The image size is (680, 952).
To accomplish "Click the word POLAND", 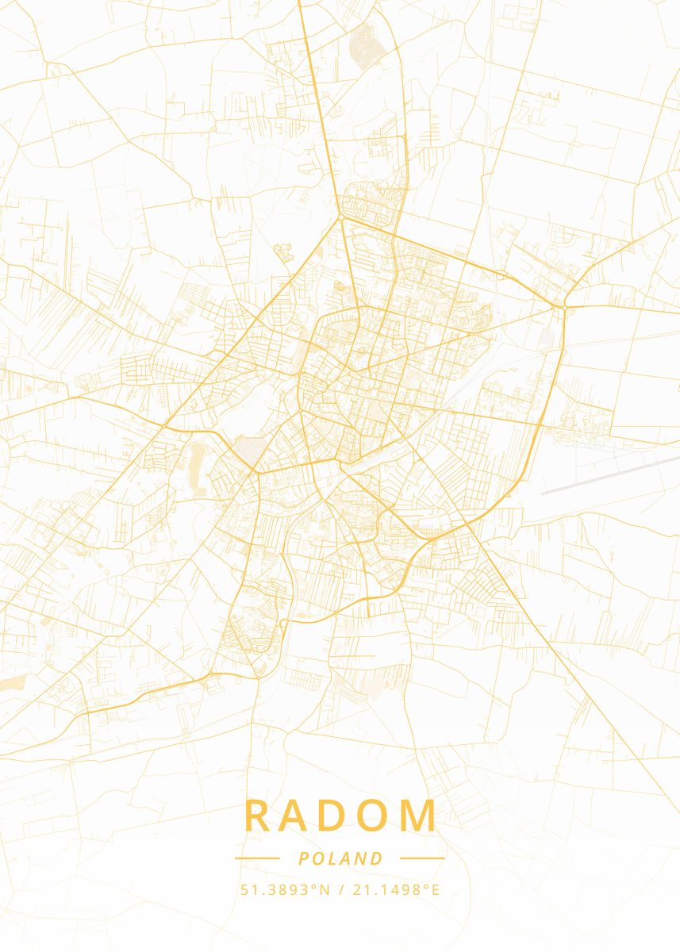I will point(340,858).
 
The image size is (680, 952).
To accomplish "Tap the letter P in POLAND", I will point(304,858).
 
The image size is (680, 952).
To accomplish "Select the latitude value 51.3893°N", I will point(285,890).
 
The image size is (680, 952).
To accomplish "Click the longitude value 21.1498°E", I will point(394,890).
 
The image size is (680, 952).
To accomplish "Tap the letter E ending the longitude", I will point(435,890).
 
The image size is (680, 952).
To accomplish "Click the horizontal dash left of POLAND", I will point(257,858).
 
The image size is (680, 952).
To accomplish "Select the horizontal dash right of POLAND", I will point(422,858).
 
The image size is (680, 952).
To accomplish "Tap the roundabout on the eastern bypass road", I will point(563,305).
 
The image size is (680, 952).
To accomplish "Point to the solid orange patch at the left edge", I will point(10,683).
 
